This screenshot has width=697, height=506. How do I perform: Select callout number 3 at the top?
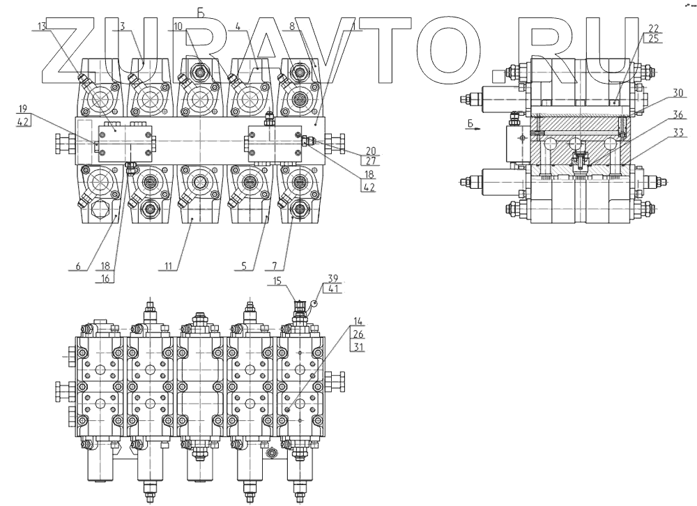pyautogui.click(x=122, y=26)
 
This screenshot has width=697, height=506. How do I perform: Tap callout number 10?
pyautogui.click(x=178, y=26)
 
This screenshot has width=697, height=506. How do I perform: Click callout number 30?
pyautogui.click(x=658, y=91)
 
